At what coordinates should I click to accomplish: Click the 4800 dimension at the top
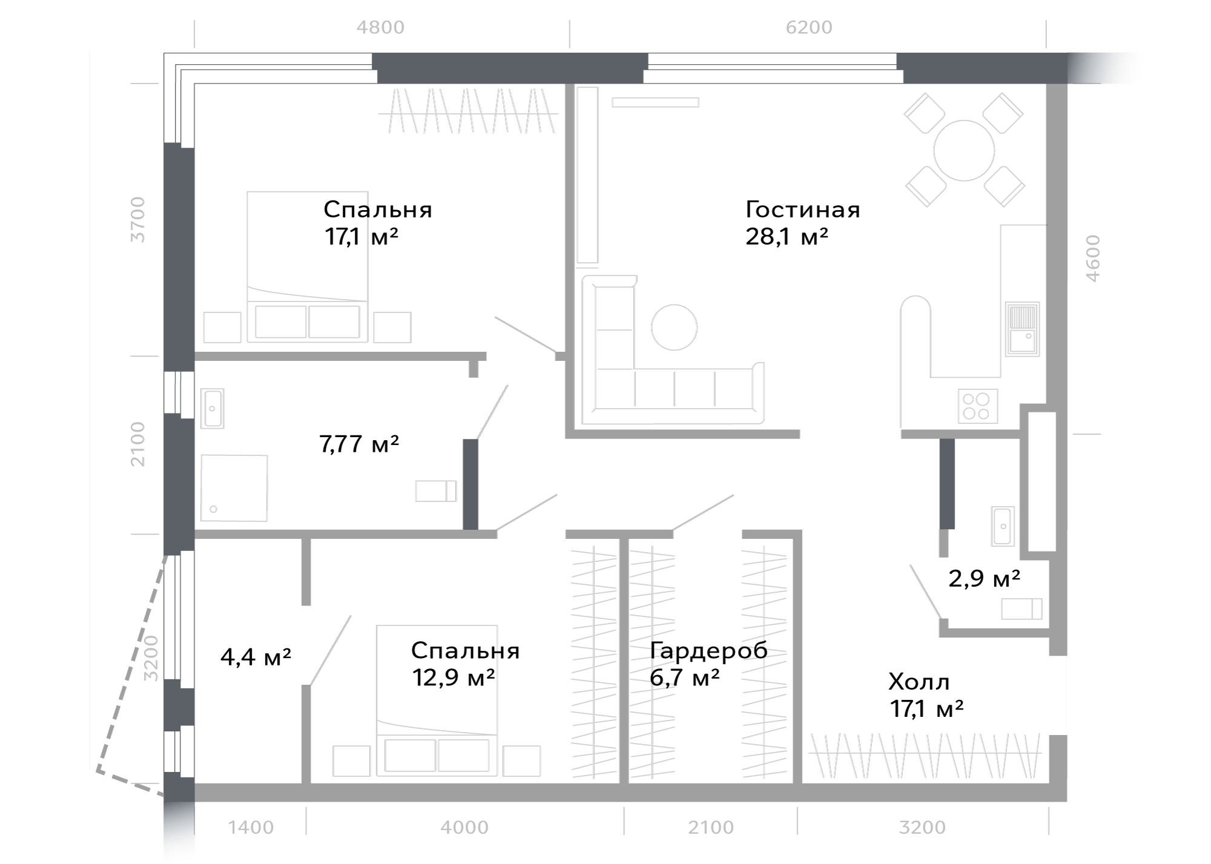380,27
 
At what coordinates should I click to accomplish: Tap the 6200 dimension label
809,27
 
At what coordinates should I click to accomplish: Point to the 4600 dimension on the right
1092,258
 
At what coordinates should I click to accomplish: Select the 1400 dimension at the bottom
251,827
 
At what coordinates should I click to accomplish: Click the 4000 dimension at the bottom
464,827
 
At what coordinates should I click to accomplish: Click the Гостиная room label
802,209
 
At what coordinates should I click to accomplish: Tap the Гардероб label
708,651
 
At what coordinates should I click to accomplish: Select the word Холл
919,682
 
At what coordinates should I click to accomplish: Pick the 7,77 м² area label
359,444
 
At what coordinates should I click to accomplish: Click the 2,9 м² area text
984,579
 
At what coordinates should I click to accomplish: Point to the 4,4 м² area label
256,656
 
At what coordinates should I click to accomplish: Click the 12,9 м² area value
454,678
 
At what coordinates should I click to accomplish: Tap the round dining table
964,151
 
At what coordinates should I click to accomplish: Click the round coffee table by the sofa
674,327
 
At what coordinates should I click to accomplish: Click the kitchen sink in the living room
1023,329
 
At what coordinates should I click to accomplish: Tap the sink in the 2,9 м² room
1003,526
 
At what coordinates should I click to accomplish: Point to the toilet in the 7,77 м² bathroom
436,491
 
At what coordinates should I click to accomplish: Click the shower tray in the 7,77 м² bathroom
234,488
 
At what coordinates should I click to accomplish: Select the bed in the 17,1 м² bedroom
308,267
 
